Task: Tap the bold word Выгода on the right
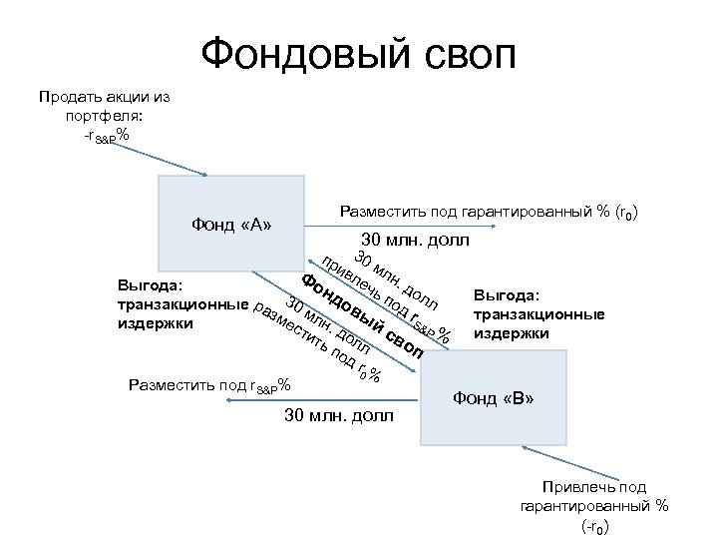pos(507,294)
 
